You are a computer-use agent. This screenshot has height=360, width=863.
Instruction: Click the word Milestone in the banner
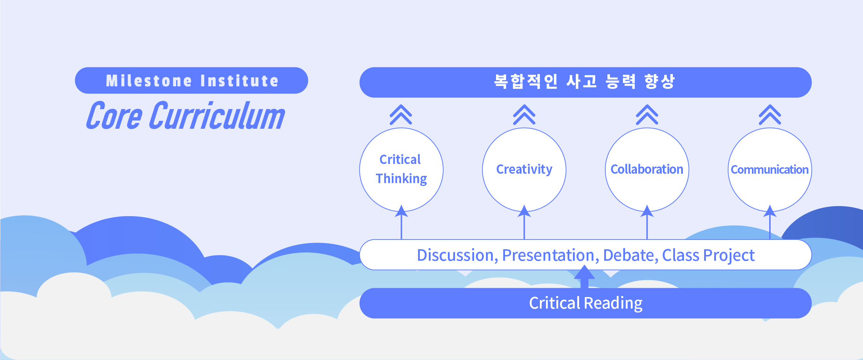(149, 81)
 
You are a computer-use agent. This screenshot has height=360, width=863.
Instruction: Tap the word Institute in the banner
(240, 81)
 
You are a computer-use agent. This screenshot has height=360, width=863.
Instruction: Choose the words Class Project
(708, 256)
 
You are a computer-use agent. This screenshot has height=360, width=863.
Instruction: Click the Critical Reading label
(586, 304)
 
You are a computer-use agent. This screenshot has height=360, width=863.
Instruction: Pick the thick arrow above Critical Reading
(584, 277)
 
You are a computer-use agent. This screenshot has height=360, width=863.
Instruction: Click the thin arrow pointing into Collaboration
(647, 222)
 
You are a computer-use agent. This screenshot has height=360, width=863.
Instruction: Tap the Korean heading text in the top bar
(584, 82)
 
